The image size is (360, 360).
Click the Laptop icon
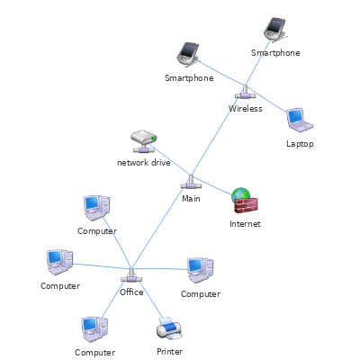(300, 120)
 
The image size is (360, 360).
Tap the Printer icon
(169, 328)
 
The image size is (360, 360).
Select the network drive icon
(144, 141)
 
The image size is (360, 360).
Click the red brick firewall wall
(246, 205)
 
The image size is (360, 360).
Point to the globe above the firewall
(241, 193)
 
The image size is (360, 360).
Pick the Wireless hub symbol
(245, 93)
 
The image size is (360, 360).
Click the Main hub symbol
(191, 183)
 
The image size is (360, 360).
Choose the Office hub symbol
(131, 275)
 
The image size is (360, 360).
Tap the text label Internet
(245, 224)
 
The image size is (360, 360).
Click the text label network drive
(144, 163)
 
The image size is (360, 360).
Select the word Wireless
(246, 108)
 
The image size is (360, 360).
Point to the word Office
(131, 292)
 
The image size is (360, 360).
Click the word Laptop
(300, 144)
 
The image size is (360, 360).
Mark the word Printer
(169, 351)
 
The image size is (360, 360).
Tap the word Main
(191, 199)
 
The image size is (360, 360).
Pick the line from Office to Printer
(147, 293)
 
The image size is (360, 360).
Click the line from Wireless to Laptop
(267, 99)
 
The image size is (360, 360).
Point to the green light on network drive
(153, 138)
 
